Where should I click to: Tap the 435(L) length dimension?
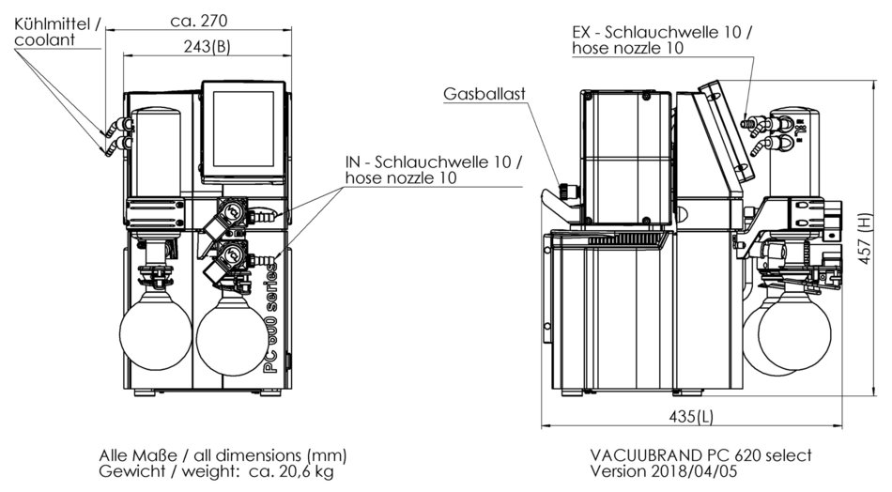[693, 416]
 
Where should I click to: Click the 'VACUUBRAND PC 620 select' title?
[700, 454]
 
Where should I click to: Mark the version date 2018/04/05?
[700, 471]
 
